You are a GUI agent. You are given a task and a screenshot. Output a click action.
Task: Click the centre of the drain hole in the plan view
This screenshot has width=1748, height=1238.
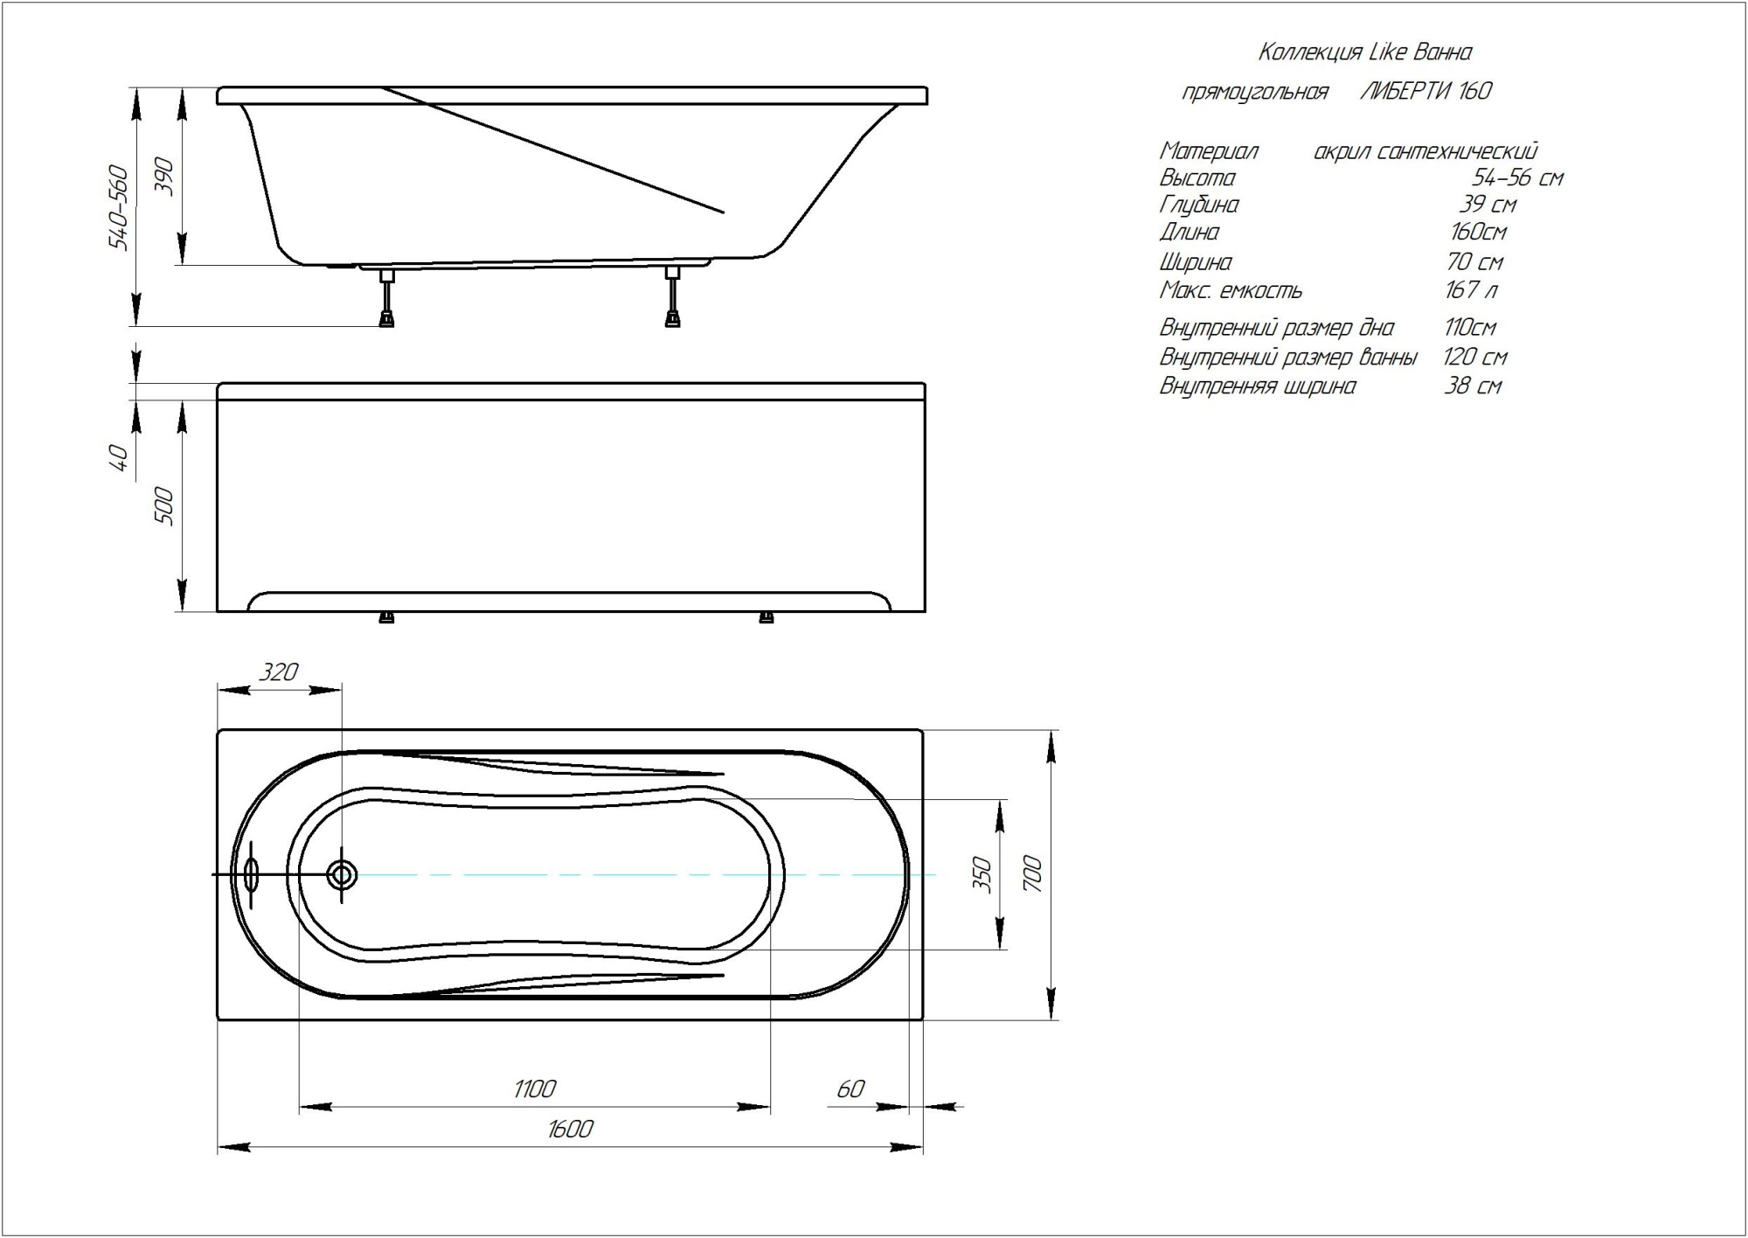pyautogui.click(x=342, y=874)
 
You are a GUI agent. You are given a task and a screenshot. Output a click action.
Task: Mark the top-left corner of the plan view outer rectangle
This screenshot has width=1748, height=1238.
pyautogui.click(x=218, y=730)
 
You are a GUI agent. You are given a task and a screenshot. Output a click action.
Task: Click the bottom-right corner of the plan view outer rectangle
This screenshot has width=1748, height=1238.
pyautogui.click(x=924, y=1020)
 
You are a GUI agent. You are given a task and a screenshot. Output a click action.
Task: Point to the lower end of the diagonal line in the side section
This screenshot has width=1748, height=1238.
pyautogui.click(x=725, y=212)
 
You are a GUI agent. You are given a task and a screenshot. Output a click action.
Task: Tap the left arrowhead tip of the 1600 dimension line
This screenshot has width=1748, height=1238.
pyautogui.click(x=218, y=1147)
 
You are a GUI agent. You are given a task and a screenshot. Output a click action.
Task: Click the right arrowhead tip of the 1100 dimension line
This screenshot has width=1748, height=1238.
pyautogui.click(x=770, y=1107)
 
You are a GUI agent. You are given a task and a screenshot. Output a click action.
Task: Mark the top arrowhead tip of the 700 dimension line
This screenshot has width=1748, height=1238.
pyautogui.click(x=1051, y=730)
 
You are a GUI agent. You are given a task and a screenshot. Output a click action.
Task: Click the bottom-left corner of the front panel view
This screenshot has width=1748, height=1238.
pyautogui.click(x=218, y=612)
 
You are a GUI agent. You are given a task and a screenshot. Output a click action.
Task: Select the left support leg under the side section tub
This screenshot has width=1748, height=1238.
pyautogui.click(x=386, y=297)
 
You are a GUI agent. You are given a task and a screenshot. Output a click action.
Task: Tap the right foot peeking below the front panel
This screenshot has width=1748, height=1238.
pyautogui.click(x=766, y=618)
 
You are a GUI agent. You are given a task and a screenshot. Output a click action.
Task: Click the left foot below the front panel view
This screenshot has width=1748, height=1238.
pyautogui.click(x=385, y=618)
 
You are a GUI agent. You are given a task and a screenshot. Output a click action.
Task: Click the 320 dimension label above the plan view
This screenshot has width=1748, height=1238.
pyautogui.click(x=279, y=671)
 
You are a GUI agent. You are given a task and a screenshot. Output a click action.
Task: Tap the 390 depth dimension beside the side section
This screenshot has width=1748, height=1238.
pyautogui.click(x=167, y=177)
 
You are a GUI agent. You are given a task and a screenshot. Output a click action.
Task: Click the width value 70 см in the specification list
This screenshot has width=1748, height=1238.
pyautogui.click(x=1474, y=261)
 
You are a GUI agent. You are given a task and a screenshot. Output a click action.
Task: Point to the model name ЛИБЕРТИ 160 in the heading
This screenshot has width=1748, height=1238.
pyautogui.click(x=1426, y=91)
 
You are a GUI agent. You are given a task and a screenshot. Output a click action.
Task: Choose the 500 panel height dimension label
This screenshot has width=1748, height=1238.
pyautogui.click(x=164, y=506)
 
